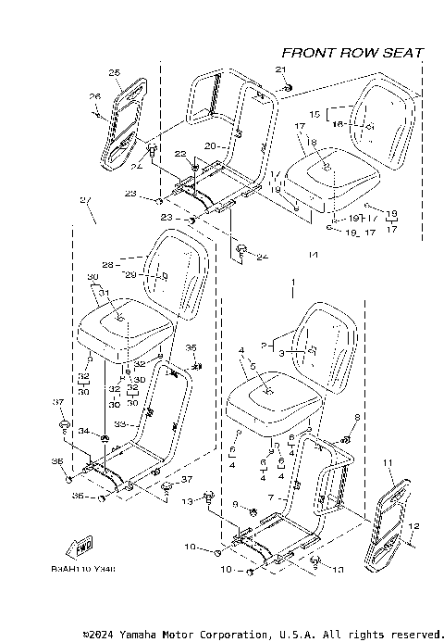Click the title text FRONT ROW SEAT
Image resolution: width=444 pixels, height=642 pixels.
point(352,53)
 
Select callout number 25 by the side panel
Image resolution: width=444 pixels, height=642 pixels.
point(115,72)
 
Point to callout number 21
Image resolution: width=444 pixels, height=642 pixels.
point(281,70)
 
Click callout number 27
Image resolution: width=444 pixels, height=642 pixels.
point(85,201)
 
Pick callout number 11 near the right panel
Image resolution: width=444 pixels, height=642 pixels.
point(387,462)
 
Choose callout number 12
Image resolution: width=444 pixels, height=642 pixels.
point(413,526)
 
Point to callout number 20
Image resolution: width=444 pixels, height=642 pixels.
point(209,145)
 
